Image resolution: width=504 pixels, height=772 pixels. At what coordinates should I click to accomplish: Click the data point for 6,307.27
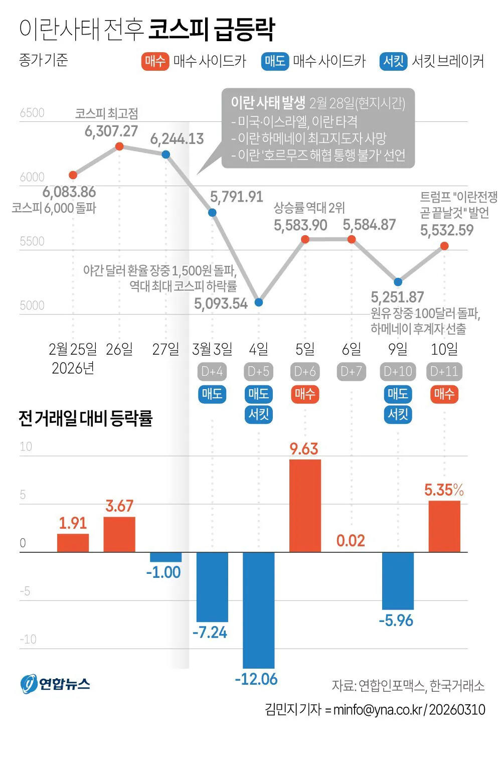coord(119,146)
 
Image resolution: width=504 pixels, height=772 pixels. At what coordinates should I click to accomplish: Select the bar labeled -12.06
coord(259,609)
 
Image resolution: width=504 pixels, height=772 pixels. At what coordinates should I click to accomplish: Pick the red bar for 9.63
coord(305,506)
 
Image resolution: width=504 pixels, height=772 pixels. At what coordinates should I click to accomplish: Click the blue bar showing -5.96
coord(398,581)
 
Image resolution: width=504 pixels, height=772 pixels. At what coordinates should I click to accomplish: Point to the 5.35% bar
coord(444,526)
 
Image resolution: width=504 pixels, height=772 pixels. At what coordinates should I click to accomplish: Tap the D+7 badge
coord(351,372)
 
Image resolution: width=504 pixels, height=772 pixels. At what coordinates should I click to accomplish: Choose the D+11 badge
coord(444,372)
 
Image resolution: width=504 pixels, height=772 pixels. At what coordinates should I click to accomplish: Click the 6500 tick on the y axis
coord(32,113)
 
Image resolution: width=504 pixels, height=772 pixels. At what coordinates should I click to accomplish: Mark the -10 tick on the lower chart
coord(28,640)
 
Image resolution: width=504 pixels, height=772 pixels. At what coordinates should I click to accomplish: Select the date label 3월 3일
coord(212,349)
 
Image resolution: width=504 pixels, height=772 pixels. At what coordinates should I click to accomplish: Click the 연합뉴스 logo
coord(55,684)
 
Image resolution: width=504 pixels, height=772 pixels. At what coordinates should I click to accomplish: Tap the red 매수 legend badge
coord(155,61)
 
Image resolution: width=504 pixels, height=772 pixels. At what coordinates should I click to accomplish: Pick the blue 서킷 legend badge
coord(393,61)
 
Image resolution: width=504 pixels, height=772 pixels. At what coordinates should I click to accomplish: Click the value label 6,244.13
coord(177,139)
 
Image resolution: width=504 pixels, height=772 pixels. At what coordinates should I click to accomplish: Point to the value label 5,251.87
coord(397,297)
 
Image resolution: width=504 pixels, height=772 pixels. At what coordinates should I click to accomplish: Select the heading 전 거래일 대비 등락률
coord(85,418)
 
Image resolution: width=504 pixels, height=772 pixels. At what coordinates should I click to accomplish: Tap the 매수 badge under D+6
coord(305,394)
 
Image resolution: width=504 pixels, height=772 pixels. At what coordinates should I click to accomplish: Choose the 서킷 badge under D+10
coord(398,414)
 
